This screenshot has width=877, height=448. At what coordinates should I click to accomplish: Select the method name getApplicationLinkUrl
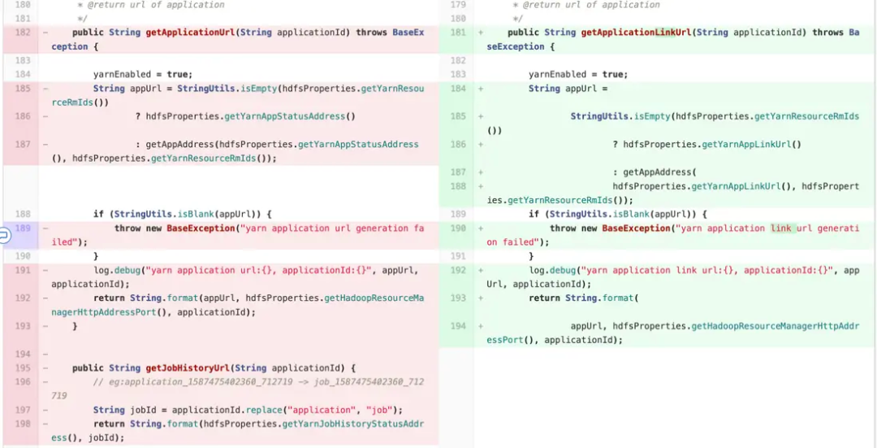pyautogui.click(x=635, y=33)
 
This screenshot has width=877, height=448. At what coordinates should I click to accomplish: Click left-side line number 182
pyautogui.click(x=23, y=33)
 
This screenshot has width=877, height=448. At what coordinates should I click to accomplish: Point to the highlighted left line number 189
pyautogui.click(x=23, y=228)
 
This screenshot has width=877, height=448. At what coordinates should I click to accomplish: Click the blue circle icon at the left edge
pyautogui.click(x=3, y=235)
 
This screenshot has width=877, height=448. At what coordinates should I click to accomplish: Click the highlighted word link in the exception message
pyautogui.click(x=781, y=228)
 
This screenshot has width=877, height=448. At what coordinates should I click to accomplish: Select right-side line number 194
pyautogui.click(x=459, y=326)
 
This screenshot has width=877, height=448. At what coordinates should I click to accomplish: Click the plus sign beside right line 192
pyautogui.click(x=481, y=271)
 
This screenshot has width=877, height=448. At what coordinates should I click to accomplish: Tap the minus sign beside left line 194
pyautogui.click(x=45, y=354)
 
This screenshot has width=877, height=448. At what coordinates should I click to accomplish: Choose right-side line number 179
pyautogui.click(x=459, y=5)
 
